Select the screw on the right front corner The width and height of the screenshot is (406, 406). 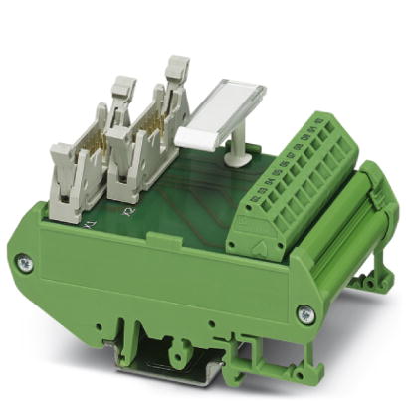pyautogui.click(x=304, y=315)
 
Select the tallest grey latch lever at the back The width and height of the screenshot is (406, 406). pyautogui.click(x=177, y=70)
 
